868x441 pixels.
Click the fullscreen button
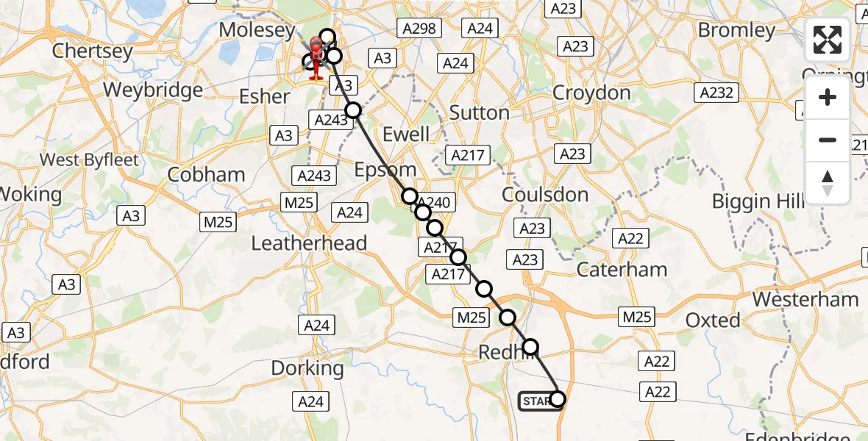tap(828, 40)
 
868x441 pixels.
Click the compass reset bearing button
tap(828, 183)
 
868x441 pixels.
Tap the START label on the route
tap(537, 401)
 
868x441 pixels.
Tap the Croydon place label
tap(591, 93)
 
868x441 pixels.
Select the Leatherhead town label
tap(309, 243)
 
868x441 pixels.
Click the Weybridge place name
tap(153, 90)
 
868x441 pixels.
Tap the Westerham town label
tap(805, 299)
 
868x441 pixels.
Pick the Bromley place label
tap(736, 30)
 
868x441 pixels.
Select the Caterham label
tap(622, 270)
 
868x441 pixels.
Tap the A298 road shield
tap(419, 29)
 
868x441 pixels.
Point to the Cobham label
tap(206, 175)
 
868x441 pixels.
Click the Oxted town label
tap(713, 320)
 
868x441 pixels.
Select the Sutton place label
tap(479, 112)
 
